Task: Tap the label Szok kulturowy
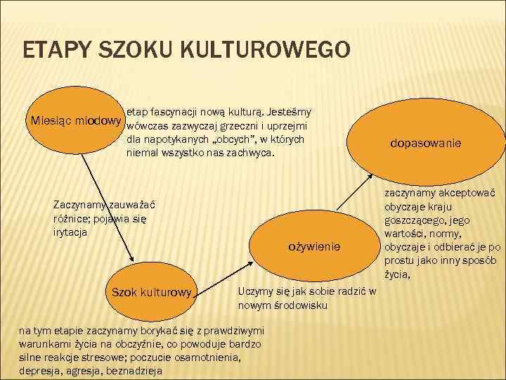148,291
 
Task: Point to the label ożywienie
314,246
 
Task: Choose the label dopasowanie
426,144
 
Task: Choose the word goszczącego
417,220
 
